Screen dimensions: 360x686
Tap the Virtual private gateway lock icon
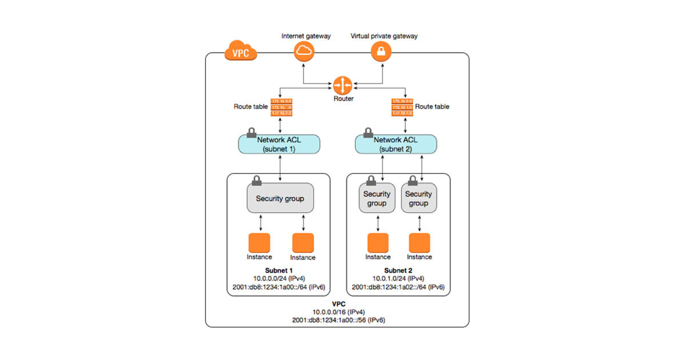pyautogui.click(x=381, y=53)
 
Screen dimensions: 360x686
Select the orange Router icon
pyautogui.click(x=342, y=86)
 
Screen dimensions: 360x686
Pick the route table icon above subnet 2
pyautogui.click(x=402, y=107)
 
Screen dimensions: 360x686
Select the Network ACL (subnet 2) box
pyautogui.click(x=397, y=144)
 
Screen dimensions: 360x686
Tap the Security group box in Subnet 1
pyautogui.click(x=280, y=198)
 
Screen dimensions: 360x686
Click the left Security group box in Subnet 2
pyautogui.click(x=377, y=198)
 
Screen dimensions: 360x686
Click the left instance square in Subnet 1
pyautogui.click(x=259, y=242)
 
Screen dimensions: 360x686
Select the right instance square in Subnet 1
pyautogui.click(x=303, y=243)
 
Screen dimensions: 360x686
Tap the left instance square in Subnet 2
pyautogui.click(x=378, y=242)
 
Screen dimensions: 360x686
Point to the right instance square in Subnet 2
pyautogui.click(x=420, y=242)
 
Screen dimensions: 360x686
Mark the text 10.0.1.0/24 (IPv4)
pyautogui.click(x=398, y=279)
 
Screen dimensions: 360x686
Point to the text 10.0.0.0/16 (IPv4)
pyautogui.click(x=338, y=312)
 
